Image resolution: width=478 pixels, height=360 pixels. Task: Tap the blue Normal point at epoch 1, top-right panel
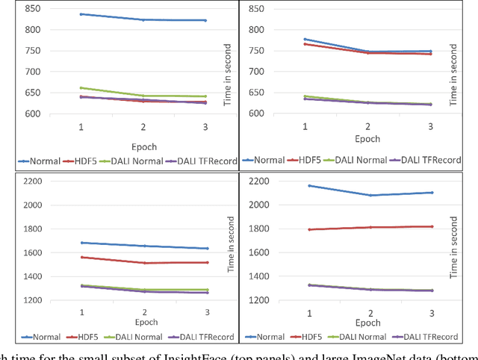305,40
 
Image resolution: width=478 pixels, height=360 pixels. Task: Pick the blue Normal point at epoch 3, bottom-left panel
207,249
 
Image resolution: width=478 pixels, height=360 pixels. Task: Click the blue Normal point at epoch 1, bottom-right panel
308,185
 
